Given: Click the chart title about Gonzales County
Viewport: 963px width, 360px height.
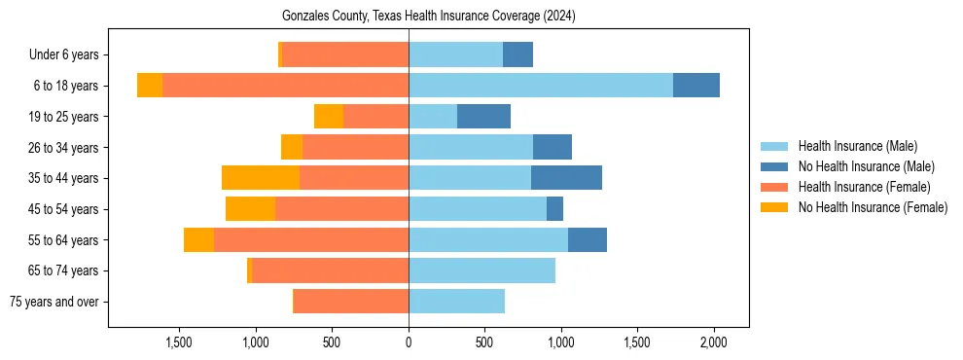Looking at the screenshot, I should [428, 17].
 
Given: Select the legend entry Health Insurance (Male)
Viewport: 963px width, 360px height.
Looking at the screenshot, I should [857, 146].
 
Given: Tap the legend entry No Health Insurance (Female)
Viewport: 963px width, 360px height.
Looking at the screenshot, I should [873, 207].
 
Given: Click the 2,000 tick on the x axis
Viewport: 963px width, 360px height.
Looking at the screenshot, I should [714, 342].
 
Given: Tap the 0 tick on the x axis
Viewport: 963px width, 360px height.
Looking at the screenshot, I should [409, 342].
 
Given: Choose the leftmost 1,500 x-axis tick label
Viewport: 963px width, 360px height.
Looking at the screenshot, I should [179, 342].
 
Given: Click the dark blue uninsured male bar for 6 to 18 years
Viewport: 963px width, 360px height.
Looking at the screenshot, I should [696, 86].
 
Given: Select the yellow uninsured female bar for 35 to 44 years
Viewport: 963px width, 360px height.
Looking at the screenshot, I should [261, 178].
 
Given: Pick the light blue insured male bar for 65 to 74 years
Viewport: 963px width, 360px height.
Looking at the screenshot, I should [481, 270].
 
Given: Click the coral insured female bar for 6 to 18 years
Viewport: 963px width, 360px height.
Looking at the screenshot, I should [285, 86].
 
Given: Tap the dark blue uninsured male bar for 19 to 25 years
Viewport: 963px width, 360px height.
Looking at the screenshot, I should [483, 117].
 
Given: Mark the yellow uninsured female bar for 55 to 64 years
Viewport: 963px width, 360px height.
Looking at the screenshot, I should [198, 239].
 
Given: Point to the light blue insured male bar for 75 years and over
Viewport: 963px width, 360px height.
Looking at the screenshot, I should [456, 302].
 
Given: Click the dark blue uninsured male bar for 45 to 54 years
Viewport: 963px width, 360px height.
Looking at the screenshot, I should [554, 209].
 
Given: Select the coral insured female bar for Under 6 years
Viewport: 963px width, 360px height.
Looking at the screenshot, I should [345, 55].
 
